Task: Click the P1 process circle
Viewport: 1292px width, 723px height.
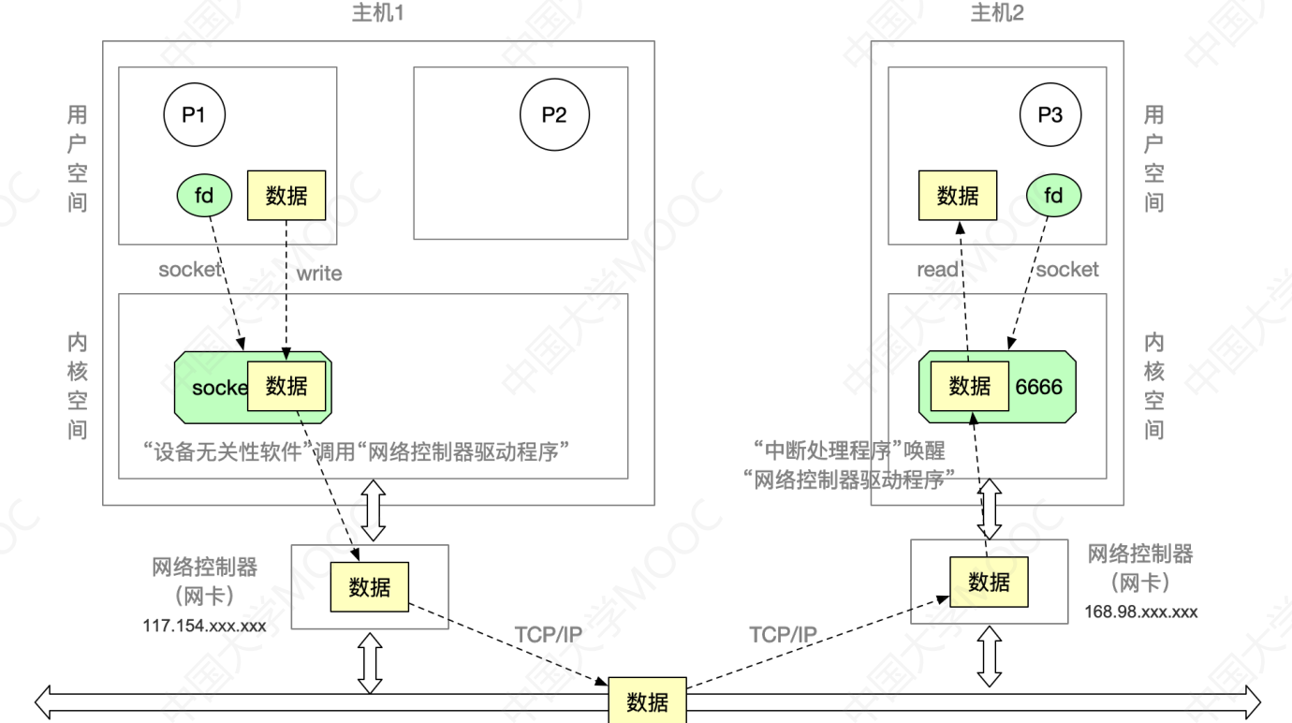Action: point(194,115)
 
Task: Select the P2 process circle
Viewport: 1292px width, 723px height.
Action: point(554,115)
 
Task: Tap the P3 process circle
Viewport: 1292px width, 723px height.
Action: point(1050,115)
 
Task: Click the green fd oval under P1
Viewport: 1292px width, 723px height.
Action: point(204,196)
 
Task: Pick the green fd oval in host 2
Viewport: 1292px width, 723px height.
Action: point(1053,196)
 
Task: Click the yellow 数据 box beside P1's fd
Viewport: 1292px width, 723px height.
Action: point(286,196)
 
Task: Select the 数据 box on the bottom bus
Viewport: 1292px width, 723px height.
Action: point(647,701)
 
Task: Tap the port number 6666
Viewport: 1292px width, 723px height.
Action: point(1039,386)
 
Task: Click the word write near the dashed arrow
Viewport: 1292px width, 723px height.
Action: point(319,273)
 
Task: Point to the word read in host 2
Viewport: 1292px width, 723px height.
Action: point(937,270)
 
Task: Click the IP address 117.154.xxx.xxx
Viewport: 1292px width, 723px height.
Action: point(204,625)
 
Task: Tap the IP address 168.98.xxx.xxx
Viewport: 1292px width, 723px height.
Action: point(1141,612)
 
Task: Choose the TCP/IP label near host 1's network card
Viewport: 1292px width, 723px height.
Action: point(549,635)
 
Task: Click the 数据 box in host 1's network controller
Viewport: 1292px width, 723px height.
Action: point(369,587)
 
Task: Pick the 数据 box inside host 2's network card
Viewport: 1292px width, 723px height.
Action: point(989,582)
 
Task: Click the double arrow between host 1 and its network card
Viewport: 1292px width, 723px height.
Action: point(374,510)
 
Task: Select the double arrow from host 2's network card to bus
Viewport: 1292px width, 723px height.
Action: point(990,657)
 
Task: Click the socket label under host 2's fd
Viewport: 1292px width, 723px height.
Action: point(1066,270)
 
